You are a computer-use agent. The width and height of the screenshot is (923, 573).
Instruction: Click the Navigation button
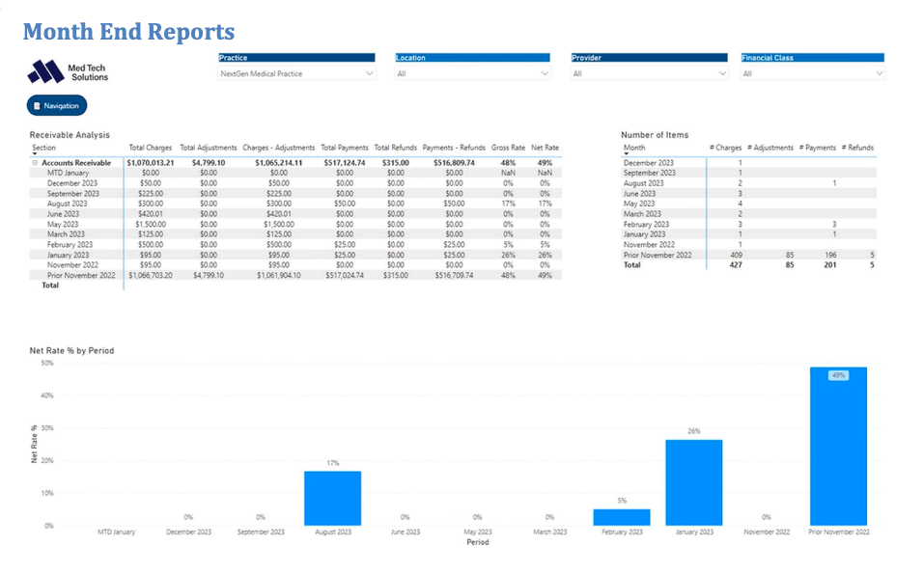tap(57, 105)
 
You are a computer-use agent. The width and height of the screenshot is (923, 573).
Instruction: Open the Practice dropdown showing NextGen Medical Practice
tap(296, 73)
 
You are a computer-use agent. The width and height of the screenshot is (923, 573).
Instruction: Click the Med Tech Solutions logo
tap(69, 71)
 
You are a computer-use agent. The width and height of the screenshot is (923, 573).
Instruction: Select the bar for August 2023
tap(332, 498)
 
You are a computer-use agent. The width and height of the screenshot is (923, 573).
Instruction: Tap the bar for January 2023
tap(693, 482)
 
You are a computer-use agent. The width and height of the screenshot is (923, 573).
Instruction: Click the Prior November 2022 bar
tap(838, 446)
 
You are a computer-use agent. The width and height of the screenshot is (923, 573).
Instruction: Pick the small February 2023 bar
tap(622, 517)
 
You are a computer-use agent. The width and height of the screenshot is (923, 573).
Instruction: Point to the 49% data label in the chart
tap(838, 375)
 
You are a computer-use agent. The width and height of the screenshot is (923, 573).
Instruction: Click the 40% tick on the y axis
tap(46, 396)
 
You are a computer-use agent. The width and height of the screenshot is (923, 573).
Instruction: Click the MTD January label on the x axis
tap(116, 532)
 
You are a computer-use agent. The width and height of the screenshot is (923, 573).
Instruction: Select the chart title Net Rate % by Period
tap(71, 351)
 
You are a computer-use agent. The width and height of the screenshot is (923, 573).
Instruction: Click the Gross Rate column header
tap(508, 148)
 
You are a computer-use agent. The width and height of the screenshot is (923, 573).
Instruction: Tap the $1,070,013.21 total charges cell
tap(150, 163)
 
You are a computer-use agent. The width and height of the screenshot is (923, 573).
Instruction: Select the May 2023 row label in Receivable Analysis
tap(66, 224)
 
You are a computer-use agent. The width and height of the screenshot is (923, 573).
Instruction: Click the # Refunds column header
tap(856, 148)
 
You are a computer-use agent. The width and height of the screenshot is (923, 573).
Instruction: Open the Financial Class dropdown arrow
tap(880, 73)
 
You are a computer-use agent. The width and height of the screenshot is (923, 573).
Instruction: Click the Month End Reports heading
tap(128, 32)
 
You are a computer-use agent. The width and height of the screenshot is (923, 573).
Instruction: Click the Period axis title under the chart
tap(477, 542)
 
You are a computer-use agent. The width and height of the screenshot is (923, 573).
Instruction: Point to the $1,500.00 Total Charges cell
tap(151, 224)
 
